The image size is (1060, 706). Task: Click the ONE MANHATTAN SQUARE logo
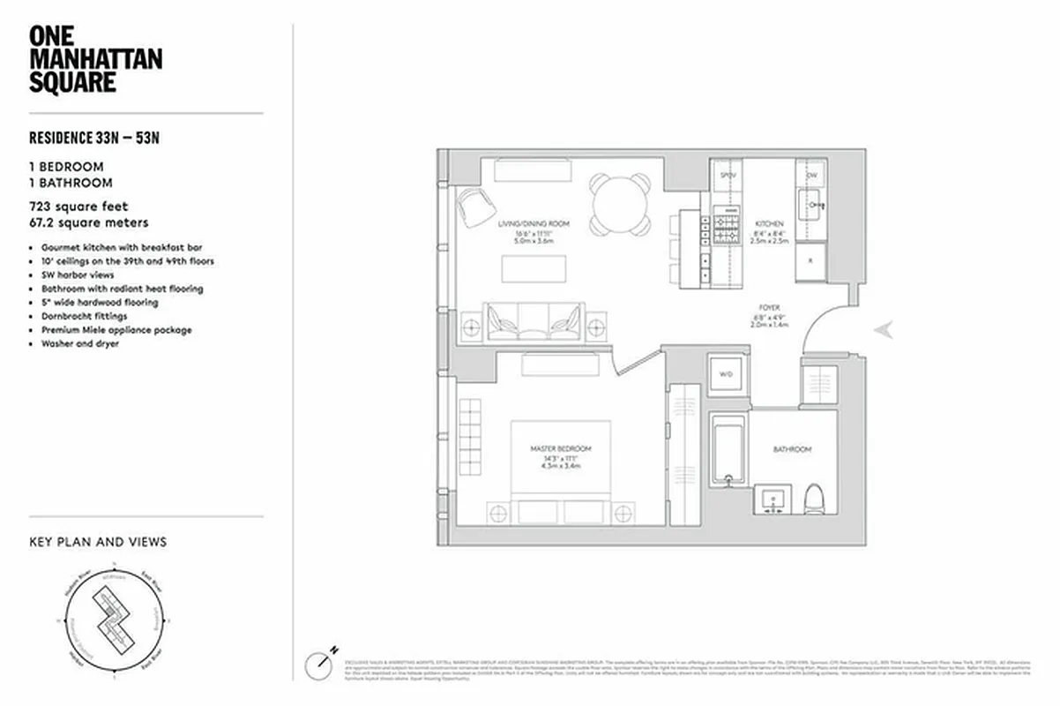pos(95,59)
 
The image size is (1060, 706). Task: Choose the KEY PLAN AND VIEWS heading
pos(98,542)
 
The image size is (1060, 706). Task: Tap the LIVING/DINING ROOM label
pos(534,224)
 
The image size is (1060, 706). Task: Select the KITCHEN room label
pos(768,224)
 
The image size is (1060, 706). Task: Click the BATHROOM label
pos(792,449)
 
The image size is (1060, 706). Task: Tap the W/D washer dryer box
pos(726,374)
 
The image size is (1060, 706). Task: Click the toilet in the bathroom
pos(815,499)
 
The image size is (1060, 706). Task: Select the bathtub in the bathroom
pos(728,449)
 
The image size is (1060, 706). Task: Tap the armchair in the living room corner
pos(476,207)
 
